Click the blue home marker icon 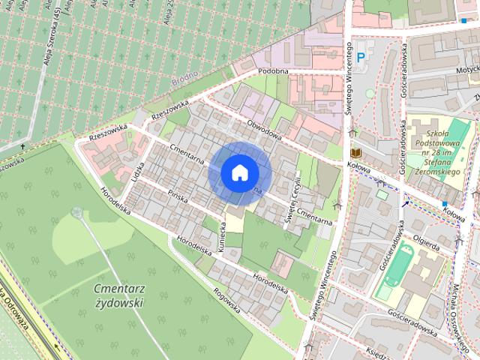[x=239, y=172]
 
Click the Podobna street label [x=273, y=70]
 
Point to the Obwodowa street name [x=263, y=127]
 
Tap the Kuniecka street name [x=222, y=235]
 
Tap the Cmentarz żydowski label [x=120, y=295]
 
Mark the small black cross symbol [x=23, y=145]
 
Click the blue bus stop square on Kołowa [x=445, y=203]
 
